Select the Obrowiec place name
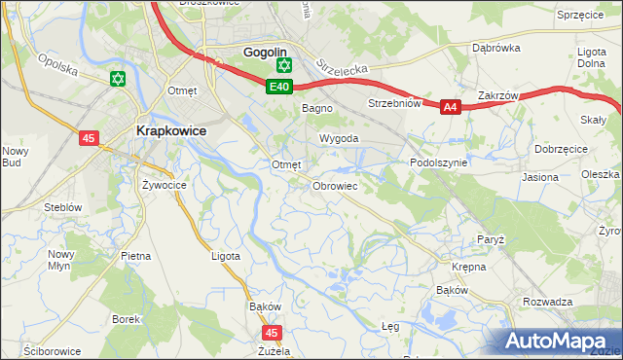point(335,185)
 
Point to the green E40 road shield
point(278,88)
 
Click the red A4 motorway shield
point(449,108)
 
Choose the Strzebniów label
point(393,103)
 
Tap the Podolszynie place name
point(439,163)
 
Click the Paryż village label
point(490,239)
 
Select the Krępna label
point(468,266)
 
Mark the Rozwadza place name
point(547,302)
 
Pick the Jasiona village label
point(540,178)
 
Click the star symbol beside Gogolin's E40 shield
point(283,66)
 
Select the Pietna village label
point(135,256)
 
